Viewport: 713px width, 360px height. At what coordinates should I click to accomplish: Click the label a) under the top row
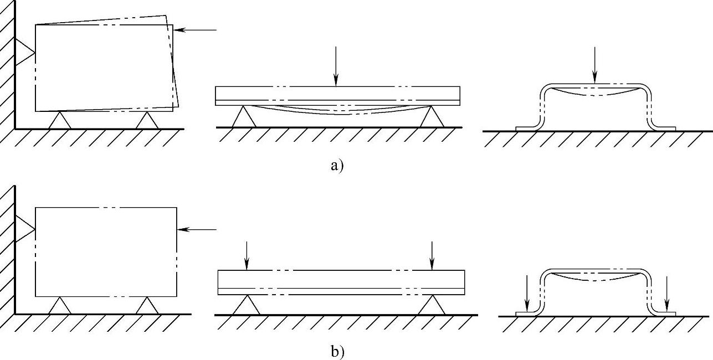click(x=337, y=165)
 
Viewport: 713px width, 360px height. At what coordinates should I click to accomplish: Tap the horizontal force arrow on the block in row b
click(x=197, y=229)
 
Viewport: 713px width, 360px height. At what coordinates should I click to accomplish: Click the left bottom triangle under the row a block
click(x=60, y=121)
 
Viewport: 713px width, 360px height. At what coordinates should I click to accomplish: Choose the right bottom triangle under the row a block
click(x=147, y=121)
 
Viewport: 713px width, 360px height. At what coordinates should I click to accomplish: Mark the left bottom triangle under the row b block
click(x=60, y=306)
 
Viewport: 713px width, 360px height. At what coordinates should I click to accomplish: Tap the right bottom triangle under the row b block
click(x=147, y=306)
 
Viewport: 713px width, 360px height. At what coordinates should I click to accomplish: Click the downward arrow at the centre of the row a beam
click(x=336, y=66)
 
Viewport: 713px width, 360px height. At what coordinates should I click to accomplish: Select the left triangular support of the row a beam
click(x=243, y=117)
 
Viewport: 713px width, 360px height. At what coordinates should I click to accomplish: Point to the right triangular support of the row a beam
click(x=430, y=117)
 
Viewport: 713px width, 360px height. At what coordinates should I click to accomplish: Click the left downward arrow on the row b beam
click(x=247, y=256)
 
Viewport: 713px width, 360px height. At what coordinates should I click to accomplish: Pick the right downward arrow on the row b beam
click(x=432, y=256)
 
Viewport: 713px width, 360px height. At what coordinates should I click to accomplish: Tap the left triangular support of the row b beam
click(x=247, y=305)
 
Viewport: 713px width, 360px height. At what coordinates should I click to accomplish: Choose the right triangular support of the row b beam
click(x=432, y=305)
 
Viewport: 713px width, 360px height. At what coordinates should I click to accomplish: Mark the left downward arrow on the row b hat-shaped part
click(x=527, y=294)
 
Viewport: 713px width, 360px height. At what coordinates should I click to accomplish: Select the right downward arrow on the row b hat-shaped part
click(x=667, y=294)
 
